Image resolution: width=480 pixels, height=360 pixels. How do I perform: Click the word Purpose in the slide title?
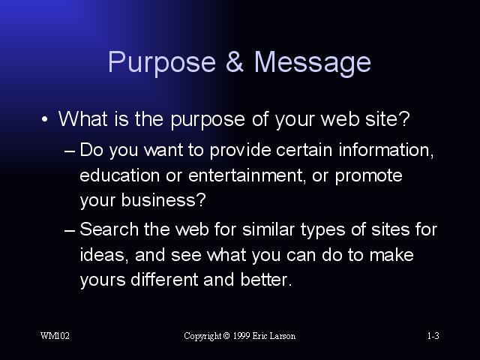click(x=162, y=63)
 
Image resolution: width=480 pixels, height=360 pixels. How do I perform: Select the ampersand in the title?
click(x=235, y=61)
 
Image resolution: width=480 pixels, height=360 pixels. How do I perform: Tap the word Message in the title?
click(x=313, y=63)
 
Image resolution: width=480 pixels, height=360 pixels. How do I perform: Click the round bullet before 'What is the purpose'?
click(x=45, y=119)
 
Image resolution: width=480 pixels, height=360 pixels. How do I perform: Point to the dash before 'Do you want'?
click(x=70, y=151)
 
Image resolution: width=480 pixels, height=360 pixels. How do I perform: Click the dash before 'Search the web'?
click(x=70, y=230)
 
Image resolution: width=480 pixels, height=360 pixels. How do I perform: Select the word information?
click(x=386, y=150)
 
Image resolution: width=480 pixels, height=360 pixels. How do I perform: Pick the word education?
click(x=120, y=175)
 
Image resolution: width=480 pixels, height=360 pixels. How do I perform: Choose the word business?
click(x=163, y=200)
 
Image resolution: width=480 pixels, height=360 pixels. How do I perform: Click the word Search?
click(x=109, y=229)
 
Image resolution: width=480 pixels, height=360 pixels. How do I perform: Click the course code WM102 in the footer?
click(x=55, y=336)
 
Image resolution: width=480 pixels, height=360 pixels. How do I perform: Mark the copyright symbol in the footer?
click(x=226, y=336)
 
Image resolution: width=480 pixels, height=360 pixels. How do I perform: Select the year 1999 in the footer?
click(x=241, y=336)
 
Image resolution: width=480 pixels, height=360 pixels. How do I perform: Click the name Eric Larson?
click(x=274, y=336)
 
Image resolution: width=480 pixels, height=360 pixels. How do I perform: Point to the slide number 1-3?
click(x=433, y=336)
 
